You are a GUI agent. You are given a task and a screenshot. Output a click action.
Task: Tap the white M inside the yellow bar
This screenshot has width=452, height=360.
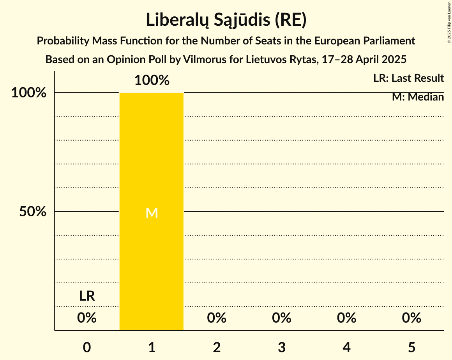(x=152, y=213)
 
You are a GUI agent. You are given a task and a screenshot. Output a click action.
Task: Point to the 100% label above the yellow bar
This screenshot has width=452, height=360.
(x=152, y=81)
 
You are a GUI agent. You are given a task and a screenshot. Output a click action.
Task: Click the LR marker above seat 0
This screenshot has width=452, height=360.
(x=87, y=296)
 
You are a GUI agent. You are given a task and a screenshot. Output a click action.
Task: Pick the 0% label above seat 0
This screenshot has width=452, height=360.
(x=87, y=318)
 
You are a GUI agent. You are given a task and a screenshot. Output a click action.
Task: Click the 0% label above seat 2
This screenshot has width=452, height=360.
(x=217, y=318)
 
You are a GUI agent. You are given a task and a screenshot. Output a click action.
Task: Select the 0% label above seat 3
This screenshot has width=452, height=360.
(x=282, y=318)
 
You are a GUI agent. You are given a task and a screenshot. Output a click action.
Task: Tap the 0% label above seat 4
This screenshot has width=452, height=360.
(x=347, y=318)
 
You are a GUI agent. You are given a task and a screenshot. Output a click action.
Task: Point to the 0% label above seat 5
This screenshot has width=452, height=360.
(x=411, y=318)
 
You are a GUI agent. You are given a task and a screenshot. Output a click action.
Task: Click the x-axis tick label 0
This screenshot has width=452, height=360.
(x=87, y=347)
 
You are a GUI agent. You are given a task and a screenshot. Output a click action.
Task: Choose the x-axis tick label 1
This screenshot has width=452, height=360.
(x=152, y=347)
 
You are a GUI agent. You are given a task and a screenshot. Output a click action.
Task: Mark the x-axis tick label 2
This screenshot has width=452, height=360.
(x=217, y=347)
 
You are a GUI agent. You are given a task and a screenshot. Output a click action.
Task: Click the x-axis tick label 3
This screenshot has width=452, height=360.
(x=282, y=347)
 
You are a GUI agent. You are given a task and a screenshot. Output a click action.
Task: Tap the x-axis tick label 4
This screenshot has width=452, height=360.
(x=347, y=347)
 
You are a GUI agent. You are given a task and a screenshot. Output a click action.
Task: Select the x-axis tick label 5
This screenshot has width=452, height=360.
(x=411, y=347)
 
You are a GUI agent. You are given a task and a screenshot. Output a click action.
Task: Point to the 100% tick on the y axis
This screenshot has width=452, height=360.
(x=29, y=93)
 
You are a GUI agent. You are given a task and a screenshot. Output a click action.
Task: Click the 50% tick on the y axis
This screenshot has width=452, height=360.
(x=33, y=212)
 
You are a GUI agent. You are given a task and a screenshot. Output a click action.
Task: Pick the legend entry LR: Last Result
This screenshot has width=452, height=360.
(x=408, y=78)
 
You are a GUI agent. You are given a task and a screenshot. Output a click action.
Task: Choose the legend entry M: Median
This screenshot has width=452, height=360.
(x=418, y=97)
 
